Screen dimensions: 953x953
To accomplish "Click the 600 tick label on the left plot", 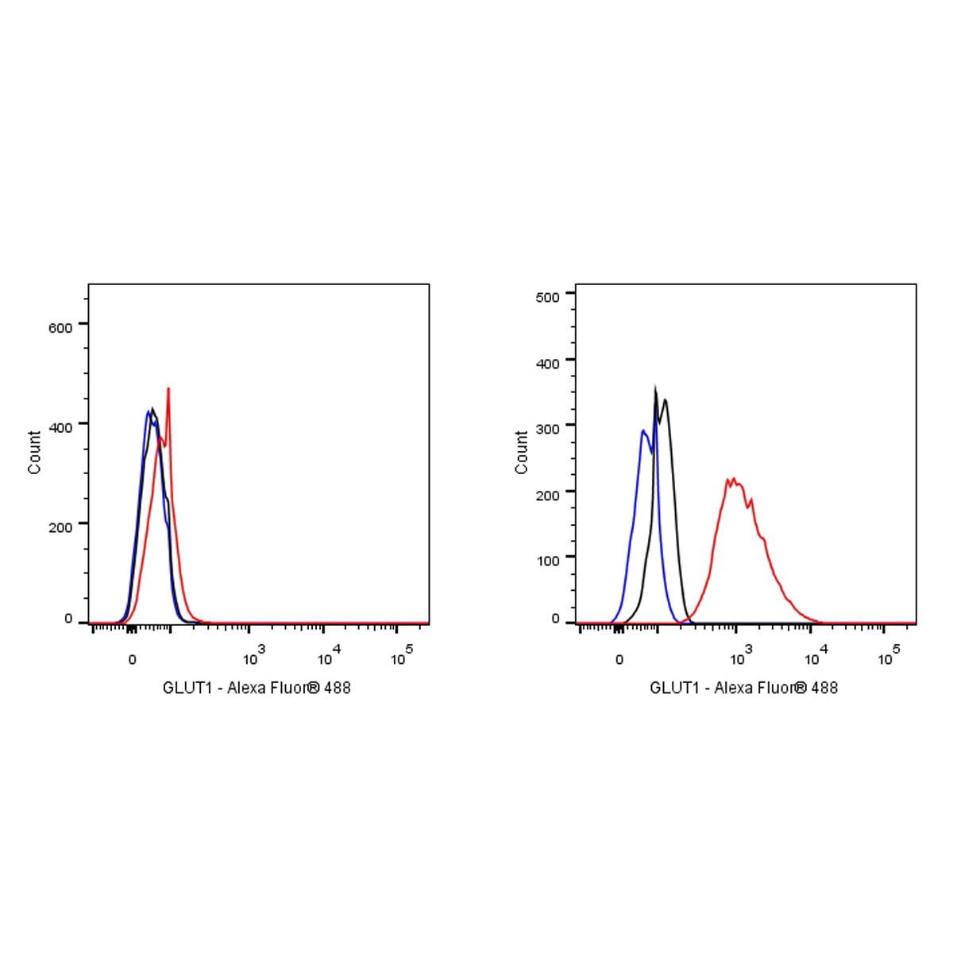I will coord(60,326).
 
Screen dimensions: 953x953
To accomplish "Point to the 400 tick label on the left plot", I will coord(60,426).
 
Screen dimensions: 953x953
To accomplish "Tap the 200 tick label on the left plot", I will coord(60,526).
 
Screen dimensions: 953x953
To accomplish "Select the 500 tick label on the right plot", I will coord(549,295).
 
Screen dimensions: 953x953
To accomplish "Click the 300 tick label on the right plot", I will coord(549,426).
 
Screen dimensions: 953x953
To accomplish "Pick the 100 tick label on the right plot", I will coord(549,559).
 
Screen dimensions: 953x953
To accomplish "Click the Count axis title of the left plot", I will coord(35,453).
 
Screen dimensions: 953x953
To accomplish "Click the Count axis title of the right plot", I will coord(522,453).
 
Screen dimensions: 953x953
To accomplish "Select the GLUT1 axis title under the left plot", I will coord(257,688).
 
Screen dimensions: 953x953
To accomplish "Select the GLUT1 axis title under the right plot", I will coord(743,688).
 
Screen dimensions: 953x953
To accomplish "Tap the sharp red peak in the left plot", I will coord(168,389).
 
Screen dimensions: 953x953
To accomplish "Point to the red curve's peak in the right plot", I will coord(733,479).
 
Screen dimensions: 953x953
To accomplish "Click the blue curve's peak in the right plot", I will coord(642,431).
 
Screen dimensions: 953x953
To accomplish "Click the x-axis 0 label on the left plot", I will coord(133,659).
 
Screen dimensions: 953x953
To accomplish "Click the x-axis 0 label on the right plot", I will coord(619,659).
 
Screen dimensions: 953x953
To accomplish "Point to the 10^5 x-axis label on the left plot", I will coord(402,656).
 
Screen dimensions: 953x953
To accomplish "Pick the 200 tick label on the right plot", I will coord(549,493).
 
